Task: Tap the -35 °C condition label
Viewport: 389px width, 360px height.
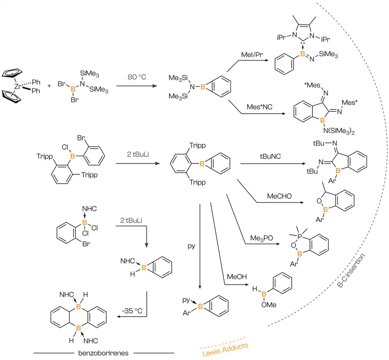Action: (x=130, y=311)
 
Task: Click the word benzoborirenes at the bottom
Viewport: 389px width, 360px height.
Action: (x=104, y=353)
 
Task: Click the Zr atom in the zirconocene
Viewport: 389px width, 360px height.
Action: (x=17, y=87)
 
